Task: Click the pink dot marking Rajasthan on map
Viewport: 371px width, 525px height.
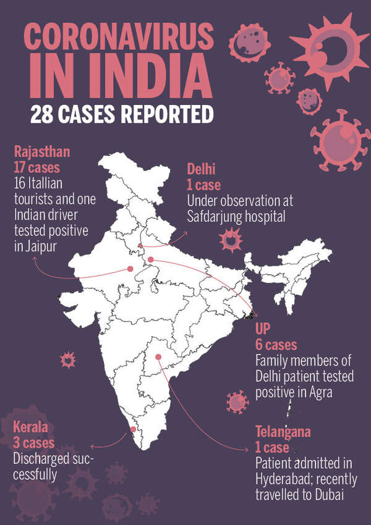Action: [130, 269]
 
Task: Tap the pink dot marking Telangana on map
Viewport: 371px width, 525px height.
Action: [158, 357]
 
